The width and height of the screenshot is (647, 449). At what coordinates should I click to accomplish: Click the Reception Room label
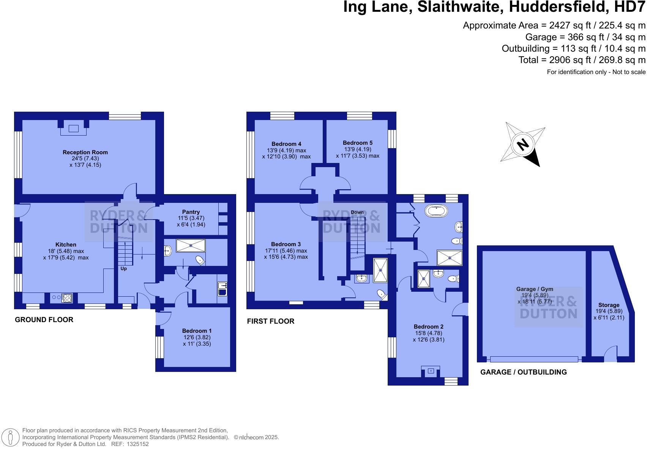pos(85,152)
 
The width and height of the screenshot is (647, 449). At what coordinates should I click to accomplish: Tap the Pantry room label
pos(191,212)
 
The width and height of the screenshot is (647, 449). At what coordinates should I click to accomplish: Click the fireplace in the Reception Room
pos(73,129)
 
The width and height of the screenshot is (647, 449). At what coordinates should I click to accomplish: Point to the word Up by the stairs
pos(123,269)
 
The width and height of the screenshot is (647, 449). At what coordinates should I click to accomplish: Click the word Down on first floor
pos(357,212)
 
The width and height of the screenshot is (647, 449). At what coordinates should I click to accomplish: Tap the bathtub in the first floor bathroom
pos(437,211)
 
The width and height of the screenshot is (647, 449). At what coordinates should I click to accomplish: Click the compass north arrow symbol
pos(523,145)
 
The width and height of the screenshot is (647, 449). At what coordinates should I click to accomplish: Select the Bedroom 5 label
pos(357,143)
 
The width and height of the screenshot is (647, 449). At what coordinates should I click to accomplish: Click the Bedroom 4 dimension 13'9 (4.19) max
pos(286,150)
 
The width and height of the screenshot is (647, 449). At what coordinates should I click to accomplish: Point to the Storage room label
pos(609,305)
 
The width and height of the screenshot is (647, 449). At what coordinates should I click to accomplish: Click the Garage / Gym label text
pos(534,289)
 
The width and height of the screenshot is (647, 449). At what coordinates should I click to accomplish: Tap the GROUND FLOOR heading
pos(44,319)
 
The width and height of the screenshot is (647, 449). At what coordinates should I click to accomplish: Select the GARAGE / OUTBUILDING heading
pos(523,372)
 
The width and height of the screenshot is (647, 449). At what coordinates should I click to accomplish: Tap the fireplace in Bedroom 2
pos(430,370)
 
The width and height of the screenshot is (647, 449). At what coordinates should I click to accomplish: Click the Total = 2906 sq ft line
pos(582,60)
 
